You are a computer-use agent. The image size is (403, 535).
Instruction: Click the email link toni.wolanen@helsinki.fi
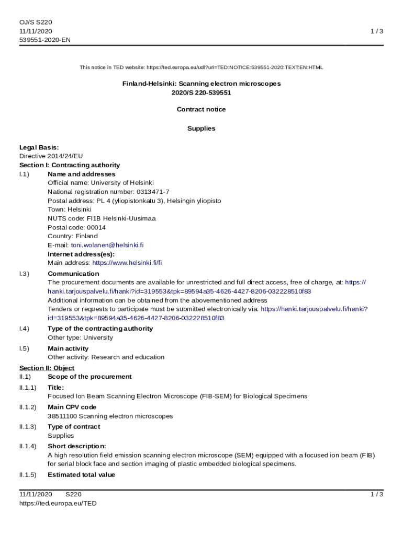click(107, 245)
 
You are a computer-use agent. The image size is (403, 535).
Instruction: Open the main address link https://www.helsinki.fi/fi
click(127, 262)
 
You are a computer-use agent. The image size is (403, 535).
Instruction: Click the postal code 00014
click(97, 227)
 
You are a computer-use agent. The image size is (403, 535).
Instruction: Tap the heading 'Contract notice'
click(201, 109)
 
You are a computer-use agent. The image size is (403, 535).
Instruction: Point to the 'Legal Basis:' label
click(39, 147)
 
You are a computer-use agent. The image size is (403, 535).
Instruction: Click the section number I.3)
click(24, 273)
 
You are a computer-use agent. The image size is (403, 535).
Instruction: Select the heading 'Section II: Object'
click(47, 368)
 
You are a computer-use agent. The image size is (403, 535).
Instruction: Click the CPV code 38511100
click(62, 416)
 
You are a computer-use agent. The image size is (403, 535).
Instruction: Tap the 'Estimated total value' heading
click(81, 475)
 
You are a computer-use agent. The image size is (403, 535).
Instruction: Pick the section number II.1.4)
click(28, 446)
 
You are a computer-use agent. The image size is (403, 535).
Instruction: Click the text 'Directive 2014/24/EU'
click(51, 156)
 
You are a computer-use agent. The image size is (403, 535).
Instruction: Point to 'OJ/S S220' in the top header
click(36, 22)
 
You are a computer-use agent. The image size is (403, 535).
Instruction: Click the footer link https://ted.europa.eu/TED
click(58, 503)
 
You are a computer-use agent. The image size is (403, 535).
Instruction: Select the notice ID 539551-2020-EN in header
click(44, 40)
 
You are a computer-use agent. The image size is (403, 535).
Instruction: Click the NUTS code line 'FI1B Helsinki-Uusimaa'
click(117, 218)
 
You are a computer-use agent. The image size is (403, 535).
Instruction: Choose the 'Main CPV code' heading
click(72, 407)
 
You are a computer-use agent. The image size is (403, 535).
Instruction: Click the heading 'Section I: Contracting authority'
click(70, 165)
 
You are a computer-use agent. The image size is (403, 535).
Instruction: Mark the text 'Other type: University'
click(80, 338)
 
